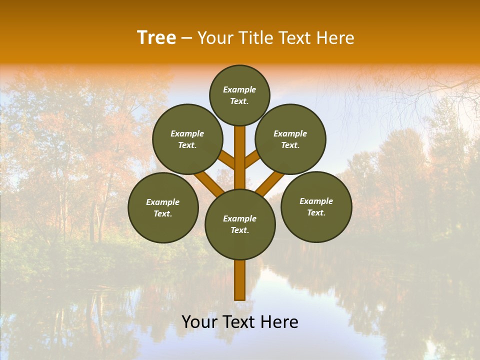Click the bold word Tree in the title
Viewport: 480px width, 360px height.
156,38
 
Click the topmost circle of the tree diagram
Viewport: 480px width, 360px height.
239,95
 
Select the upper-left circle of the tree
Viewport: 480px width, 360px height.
187,139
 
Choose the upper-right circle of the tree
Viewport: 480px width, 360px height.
290,139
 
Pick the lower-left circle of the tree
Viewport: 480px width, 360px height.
163,207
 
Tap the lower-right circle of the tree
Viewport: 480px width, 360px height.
316,206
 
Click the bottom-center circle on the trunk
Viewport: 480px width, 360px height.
240,224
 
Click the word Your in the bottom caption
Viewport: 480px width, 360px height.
199,322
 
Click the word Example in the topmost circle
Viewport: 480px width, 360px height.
239,89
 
